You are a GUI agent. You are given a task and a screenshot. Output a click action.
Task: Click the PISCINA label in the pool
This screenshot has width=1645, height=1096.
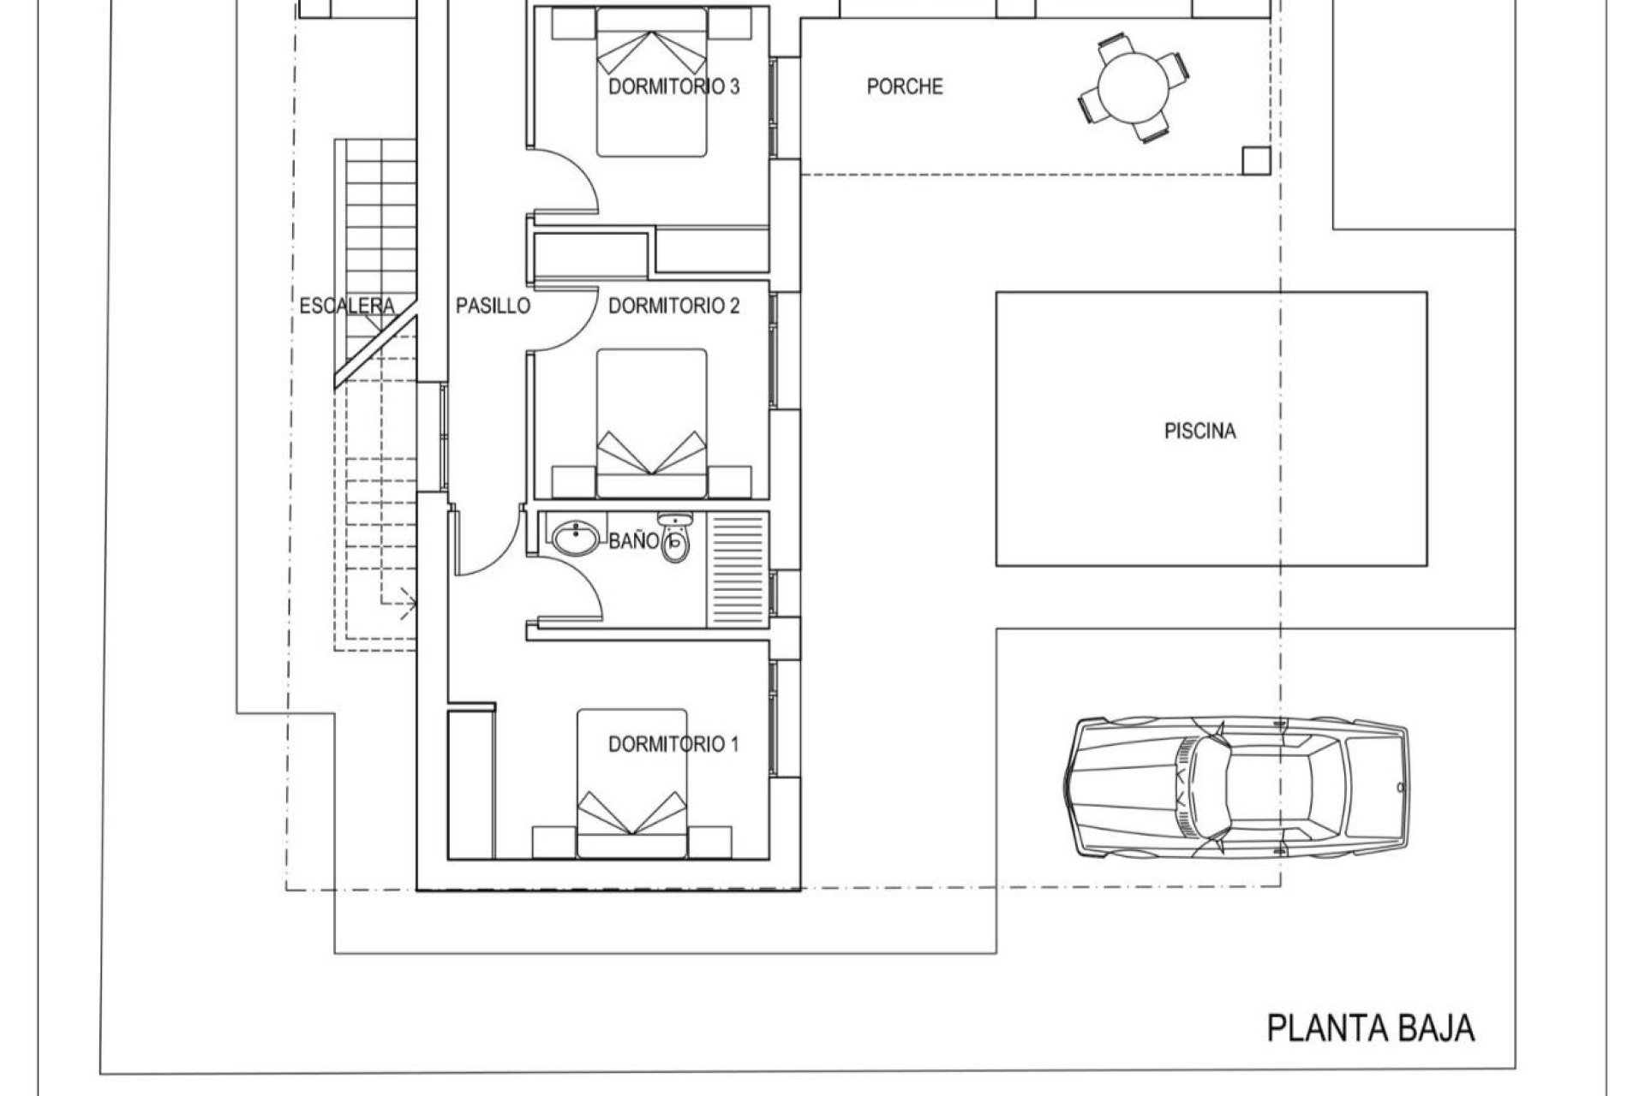[x=1199, y=432]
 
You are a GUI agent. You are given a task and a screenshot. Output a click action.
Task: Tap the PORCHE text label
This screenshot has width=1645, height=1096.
[x=905, y=86]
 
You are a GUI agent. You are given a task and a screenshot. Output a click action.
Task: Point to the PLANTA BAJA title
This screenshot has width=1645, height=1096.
[x=1370, y=1027]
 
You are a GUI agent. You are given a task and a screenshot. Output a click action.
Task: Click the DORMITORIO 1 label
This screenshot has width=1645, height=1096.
[x=673, y=744]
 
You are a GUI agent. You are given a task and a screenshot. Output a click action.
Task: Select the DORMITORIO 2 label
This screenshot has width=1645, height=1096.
[x=673, y=306]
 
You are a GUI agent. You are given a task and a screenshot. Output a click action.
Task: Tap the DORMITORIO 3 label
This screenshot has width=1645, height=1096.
[x=673, y=86]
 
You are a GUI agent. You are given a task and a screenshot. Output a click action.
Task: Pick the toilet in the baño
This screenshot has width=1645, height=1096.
[x=675, y=539]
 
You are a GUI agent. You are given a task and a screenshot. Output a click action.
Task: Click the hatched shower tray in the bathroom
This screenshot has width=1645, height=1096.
[x=737, y=570]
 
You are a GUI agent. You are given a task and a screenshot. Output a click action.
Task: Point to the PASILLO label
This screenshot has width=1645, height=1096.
[x=493, y=306]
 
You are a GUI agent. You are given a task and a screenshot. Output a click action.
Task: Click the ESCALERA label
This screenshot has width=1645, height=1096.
[x=347, y=306]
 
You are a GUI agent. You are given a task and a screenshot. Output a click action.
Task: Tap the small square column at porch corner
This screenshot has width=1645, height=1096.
[x=1256, y=160]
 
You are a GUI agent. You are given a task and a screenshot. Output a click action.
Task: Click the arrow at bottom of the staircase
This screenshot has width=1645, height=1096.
[x=408, y=603]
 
